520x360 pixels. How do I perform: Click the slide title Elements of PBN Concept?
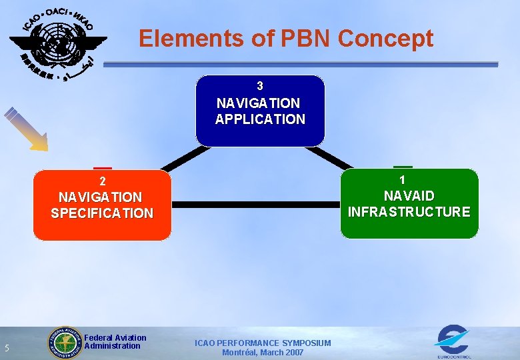coord(286,39)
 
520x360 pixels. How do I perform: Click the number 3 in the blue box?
coord(260,86)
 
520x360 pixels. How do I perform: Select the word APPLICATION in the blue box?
coord(260,120)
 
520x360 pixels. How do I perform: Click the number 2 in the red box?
coord(102,181)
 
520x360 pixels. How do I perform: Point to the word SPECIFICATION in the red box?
coord(102,213)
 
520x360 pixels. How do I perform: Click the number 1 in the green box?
coord(402,180)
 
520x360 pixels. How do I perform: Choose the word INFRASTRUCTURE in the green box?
coord(409,212)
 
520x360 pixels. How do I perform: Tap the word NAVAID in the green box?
coord(409,196)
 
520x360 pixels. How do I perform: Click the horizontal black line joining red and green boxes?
coord(256,205)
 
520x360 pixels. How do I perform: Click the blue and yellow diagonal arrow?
coord(27,129)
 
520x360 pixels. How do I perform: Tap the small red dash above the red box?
coord(102,167)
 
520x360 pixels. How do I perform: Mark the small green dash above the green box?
coord(402,166)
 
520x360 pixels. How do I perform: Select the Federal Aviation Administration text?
coord(115,342)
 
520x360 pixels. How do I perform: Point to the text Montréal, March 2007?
coord(263,353)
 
